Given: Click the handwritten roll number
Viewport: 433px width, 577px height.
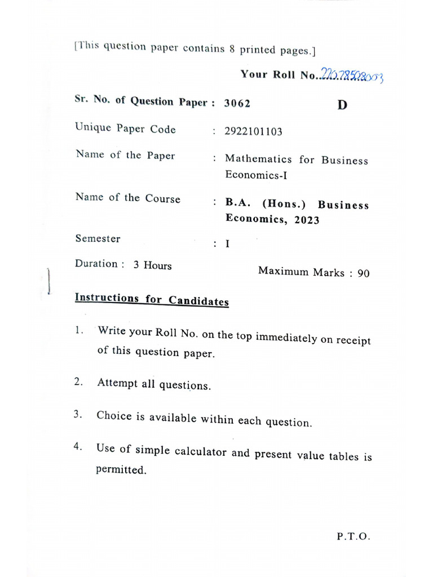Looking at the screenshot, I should [352, 75].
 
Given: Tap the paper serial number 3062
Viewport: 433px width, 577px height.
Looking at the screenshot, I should [237, 103].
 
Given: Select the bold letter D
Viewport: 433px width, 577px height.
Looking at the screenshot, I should [342, 105].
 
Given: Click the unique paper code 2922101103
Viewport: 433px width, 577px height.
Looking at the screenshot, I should [253, 132].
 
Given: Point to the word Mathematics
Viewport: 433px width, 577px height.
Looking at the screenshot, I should [258, 159].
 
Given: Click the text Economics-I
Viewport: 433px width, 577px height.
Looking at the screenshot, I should [256, 175].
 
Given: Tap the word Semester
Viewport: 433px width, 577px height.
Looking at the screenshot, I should [98, 238].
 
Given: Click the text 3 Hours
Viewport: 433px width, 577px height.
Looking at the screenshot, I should [152, 265].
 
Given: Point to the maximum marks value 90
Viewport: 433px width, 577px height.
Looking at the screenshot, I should [364, 274].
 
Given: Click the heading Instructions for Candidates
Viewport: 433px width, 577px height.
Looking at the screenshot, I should [152, 300].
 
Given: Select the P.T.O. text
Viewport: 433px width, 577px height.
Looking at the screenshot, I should [354, 537].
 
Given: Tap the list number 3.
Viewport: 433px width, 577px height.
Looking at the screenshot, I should [77, 415].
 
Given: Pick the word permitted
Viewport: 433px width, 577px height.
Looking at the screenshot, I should [121, 469].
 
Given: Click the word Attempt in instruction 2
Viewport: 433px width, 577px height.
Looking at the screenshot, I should [117, 383].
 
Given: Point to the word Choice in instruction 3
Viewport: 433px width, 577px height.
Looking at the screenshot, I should [113, 416].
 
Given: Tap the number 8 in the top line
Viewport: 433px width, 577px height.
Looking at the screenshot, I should [232, 48].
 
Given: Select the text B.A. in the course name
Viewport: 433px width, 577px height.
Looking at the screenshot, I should [237, 202].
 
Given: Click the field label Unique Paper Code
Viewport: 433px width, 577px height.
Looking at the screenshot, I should [125, 128].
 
